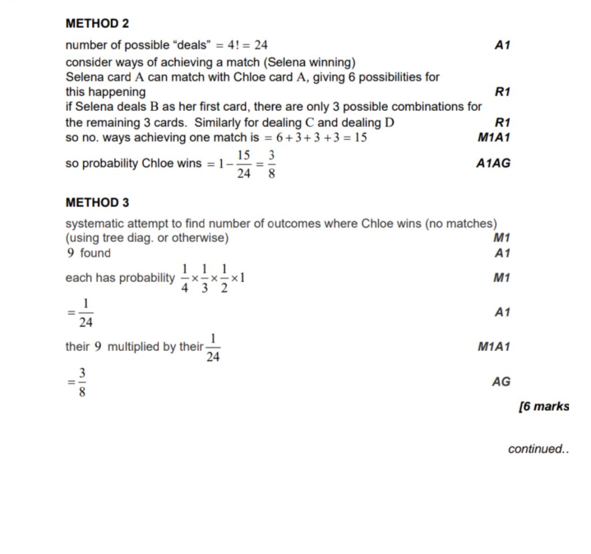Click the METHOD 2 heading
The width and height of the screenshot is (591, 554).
pyautogui.click(x=97, y=24)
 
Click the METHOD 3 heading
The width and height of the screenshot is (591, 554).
pyautogui.click(x=97, y=203)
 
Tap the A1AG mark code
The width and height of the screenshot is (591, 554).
pyautogui.click(x=493, y=163)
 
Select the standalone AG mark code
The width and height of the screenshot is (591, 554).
pyautogui.click(x=501, y=381)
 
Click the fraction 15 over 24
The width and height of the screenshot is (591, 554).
pyautogui.click(x=244, y=164)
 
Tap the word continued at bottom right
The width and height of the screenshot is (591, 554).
pyautogui.click(x=537, y=449)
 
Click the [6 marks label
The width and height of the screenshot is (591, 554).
pyautogui.click(x=544, y=406)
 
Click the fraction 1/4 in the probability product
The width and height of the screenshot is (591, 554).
pyautogui.click(x=185, y=278)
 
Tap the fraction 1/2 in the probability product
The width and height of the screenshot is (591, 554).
pyautogui.click(x=224, y=278)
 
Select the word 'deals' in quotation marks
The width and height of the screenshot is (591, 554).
pyautogui.click(x=185, y=45)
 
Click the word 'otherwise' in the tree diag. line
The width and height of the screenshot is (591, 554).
pyautogui.click(x=200, y=238)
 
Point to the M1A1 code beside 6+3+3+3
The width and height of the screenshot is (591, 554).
pyautogui.click(x=493, y=137)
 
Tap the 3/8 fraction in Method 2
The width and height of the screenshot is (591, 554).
pyautogui.click(x=271, y=164)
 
